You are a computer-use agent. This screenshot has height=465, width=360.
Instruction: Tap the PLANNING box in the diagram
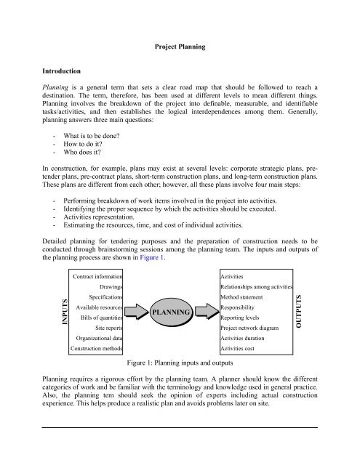[172, 291]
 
